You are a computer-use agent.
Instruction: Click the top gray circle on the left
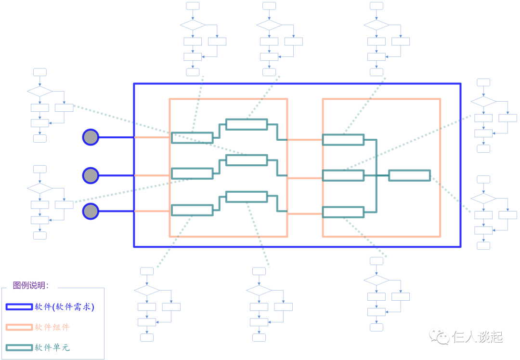91,137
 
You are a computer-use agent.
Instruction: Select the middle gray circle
91,175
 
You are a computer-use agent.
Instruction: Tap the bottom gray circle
91,211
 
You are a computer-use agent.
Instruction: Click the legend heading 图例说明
31,285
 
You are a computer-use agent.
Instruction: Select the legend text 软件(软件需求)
64,307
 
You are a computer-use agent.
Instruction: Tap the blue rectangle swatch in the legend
19,307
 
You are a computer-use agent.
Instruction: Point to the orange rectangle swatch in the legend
19,327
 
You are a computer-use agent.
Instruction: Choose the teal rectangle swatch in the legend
19,347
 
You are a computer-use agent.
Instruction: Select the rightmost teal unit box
409,175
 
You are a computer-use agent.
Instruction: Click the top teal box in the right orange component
343,140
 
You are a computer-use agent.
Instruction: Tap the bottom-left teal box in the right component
343,212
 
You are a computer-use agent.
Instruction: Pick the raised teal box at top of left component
247,124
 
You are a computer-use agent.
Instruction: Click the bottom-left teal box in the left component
192,210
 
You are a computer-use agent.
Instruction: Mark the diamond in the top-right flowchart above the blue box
377,25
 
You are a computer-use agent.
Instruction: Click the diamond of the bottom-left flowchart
147,290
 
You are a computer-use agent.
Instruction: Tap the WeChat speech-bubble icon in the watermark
439,336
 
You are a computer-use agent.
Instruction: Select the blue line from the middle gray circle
116,175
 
